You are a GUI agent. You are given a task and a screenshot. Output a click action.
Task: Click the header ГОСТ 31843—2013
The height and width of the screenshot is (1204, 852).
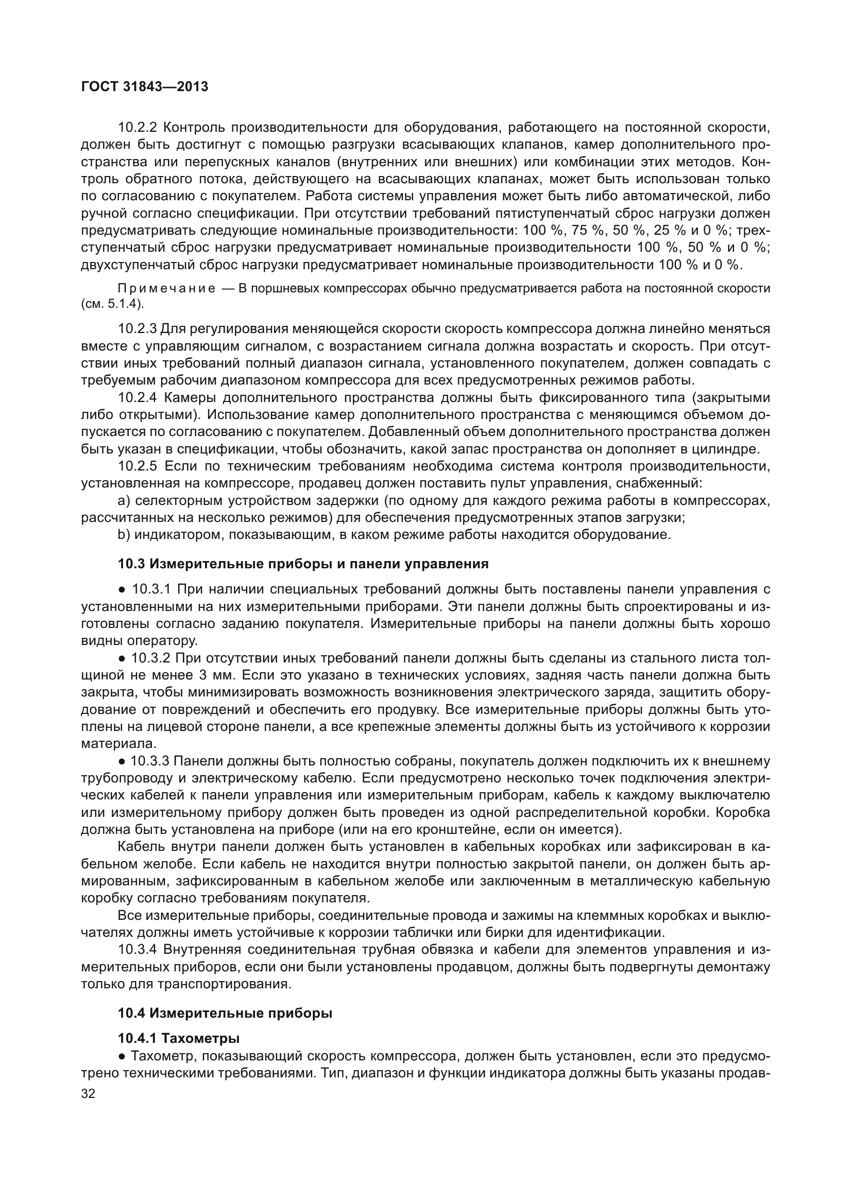click(145, 86)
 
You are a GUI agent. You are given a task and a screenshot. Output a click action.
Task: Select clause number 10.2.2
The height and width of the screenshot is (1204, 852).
click(139, 128)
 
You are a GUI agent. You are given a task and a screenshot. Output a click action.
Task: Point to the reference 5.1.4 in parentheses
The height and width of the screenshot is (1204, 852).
click(123, 305)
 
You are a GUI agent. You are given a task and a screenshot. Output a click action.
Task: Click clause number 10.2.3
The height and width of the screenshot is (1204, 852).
click(138, 329)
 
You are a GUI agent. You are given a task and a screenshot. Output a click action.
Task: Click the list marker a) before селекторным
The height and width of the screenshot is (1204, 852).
click(124, 501)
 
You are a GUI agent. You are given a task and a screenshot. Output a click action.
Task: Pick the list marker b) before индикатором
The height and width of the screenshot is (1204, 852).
click(124, 535)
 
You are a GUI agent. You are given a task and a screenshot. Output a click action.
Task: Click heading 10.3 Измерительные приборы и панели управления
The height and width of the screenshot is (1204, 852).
click(303, 564)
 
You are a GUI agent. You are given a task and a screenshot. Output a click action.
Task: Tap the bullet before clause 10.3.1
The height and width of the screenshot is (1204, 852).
click(121, 590)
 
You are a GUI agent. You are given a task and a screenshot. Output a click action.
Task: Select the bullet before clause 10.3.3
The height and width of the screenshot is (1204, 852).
click(121, 761)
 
